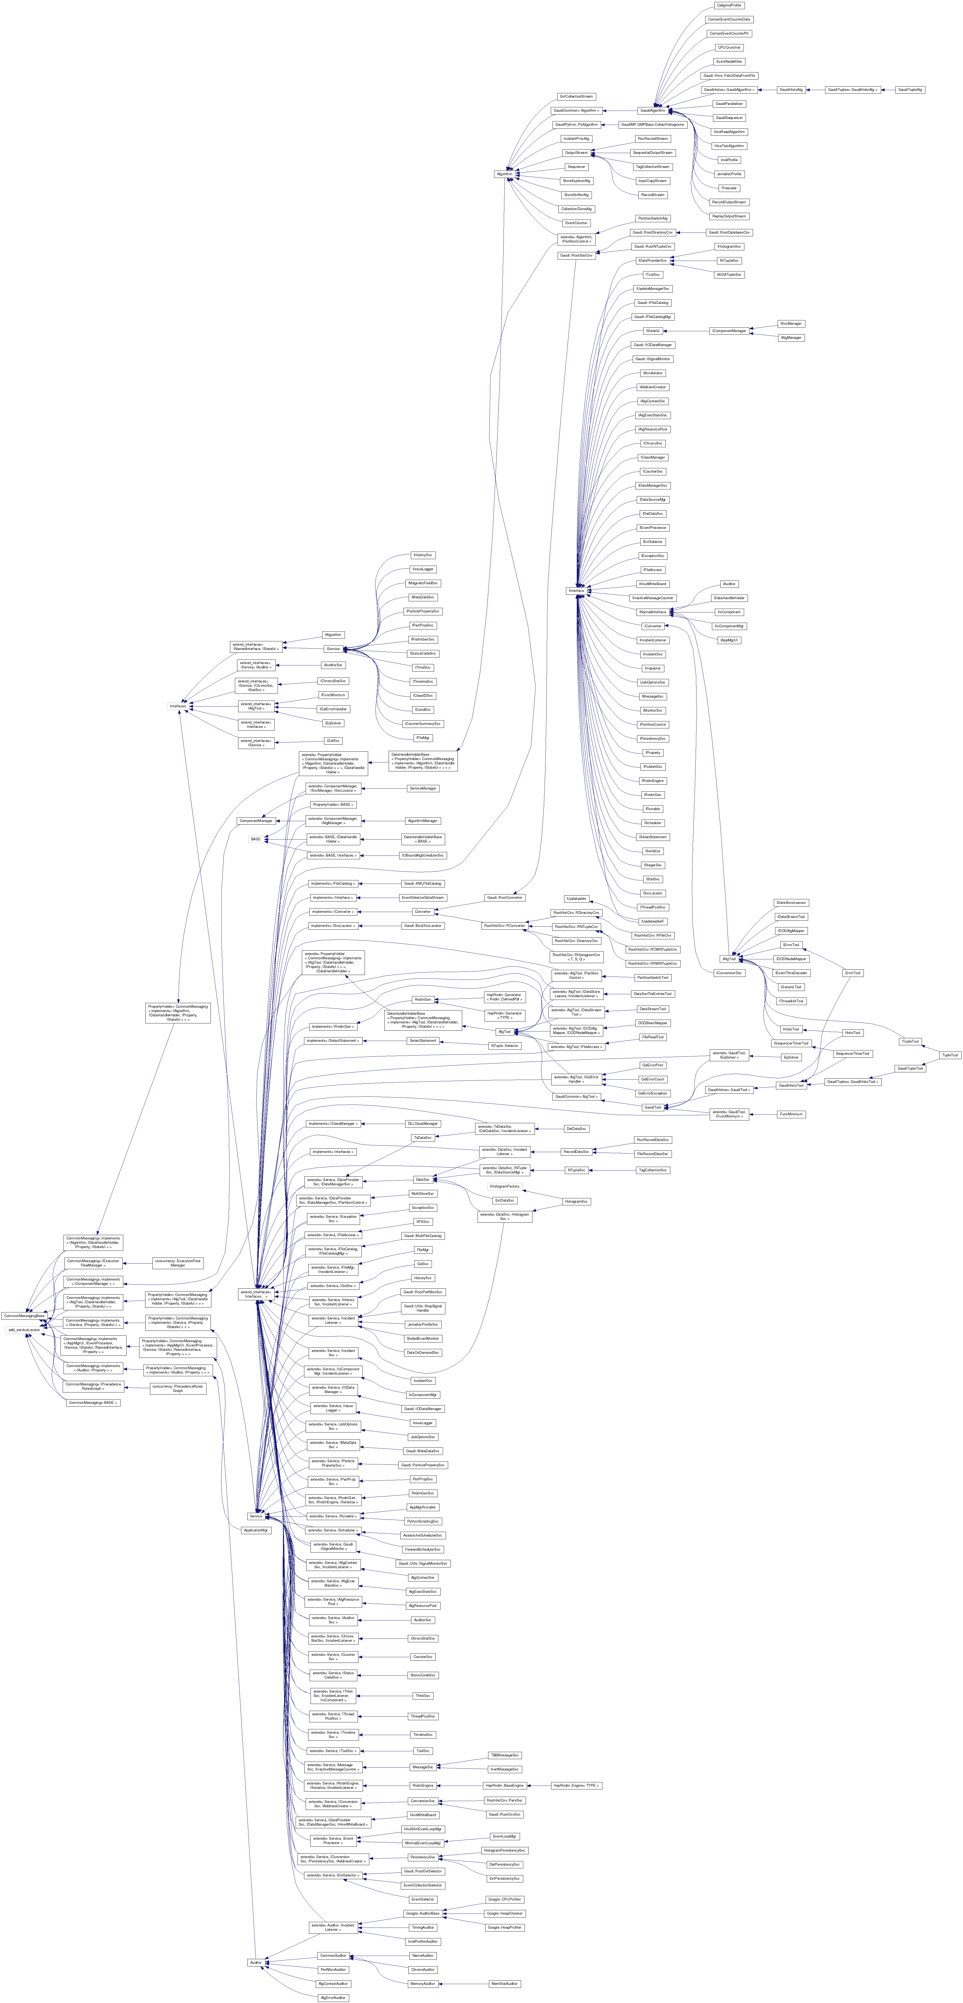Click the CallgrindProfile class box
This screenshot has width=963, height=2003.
point(729,5)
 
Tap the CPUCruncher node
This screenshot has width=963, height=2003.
point(729,47)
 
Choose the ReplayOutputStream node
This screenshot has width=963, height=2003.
point(729,216)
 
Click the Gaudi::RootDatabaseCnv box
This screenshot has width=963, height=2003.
point(729,233)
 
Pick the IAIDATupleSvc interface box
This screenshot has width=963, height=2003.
point(729,274)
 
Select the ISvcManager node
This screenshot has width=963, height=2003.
point(791,323)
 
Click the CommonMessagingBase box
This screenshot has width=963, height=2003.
point(24,1316)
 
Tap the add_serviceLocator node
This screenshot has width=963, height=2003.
point(24,1330)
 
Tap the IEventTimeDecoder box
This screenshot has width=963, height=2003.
point(791,973)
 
